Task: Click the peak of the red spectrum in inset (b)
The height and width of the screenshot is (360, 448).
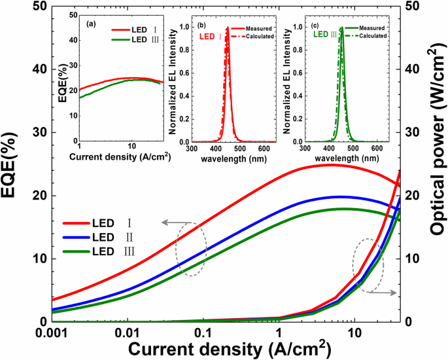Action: click(x=228, y=28)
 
